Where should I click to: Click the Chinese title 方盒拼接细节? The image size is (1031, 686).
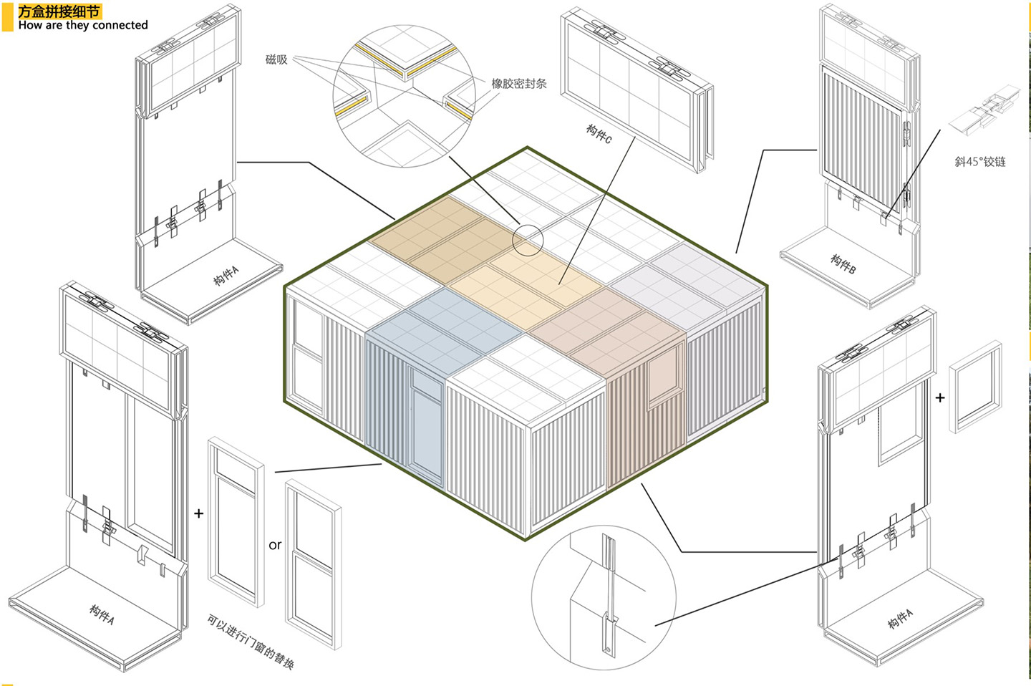[x=59, y=11]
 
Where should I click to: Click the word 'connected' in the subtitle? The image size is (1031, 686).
[x=120, y=25]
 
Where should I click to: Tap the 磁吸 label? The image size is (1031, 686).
[x=276, y=59]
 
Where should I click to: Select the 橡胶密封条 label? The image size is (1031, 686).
[x=519, y=83]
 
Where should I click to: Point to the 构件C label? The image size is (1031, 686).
[x=599, y=134]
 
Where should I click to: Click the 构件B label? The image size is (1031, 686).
[x=843, y=264]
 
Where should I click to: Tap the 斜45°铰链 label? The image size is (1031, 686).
[x=980, y=162]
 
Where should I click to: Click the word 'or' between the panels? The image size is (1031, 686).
[x=275, y=545]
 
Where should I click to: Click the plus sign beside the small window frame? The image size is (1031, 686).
[x=940, y=397]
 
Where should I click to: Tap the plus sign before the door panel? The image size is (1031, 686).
[x=198, y=513]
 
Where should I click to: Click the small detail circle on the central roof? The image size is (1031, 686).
[x=528, y=240]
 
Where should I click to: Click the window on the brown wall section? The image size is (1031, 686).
[x=663, y=377]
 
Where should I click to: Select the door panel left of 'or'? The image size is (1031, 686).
[x=236, y=522]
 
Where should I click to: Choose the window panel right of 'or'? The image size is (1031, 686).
[x=314, y=564]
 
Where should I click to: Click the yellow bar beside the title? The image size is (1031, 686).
[x=8, y=17]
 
